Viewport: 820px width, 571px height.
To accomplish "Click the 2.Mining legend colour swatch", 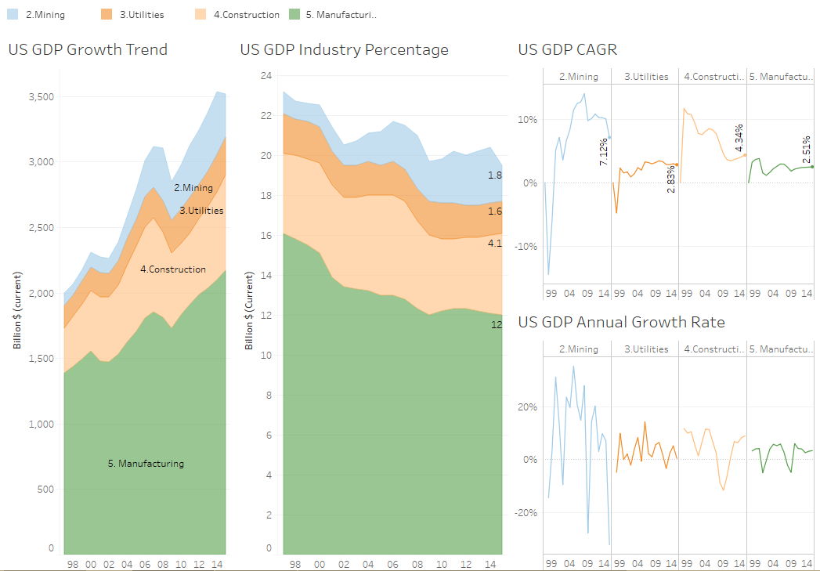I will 13,14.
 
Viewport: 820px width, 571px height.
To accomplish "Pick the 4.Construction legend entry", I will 246,14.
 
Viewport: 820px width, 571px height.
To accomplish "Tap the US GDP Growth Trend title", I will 88,49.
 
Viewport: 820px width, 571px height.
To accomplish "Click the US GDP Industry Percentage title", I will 345,49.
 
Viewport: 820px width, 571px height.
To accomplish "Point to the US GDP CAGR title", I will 568,49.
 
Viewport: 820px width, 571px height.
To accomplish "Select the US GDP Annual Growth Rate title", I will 622,322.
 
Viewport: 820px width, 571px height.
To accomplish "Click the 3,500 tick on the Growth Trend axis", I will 42,97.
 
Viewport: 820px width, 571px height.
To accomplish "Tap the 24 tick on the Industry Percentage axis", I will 266,76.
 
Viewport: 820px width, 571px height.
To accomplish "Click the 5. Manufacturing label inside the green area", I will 146,464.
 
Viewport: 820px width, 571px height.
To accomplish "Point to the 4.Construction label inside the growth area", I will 173,269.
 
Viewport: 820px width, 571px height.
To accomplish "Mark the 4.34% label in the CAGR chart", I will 739,138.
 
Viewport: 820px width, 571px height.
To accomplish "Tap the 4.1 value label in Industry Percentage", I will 495,244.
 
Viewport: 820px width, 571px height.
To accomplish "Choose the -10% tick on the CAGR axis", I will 526,246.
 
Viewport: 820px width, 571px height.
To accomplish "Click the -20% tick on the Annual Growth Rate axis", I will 526,512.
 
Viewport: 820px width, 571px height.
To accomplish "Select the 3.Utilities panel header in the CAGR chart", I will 646,77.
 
